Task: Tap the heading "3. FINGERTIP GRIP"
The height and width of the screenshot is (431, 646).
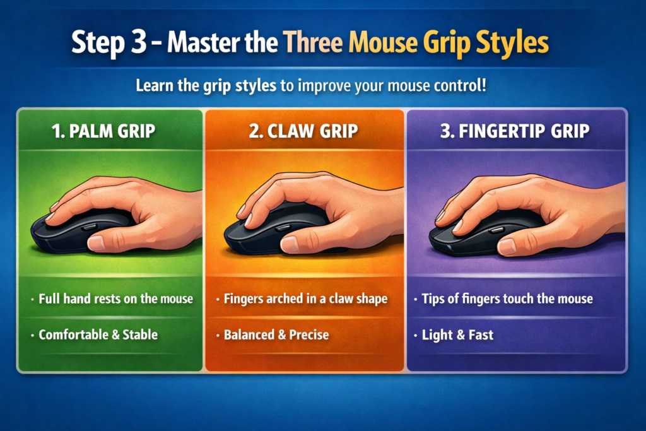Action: click(x=516, y=132)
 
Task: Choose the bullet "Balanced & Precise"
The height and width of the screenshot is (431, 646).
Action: click(x=276, y=334)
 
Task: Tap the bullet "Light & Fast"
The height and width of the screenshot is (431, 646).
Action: click(x=457, y=334)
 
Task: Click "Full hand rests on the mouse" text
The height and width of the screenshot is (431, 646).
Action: click(x=115, y=298)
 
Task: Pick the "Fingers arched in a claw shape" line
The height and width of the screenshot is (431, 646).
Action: click(x=305, y=298)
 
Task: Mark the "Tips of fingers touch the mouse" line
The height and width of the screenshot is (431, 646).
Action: click(x=507, y=298)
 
